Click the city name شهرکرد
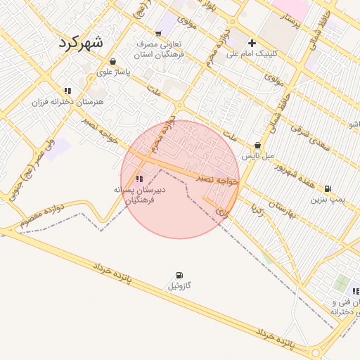pos(80,41)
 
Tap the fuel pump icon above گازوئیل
pos(179,275)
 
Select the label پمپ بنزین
pos(329,200)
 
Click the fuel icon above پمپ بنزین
pos(328,188)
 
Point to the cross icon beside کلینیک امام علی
pos(252,43)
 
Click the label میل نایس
pos(258,156)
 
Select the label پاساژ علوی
pos(112,71)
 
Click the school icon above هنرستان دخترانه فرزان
pos(67,91)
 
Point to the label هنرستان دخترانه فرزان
pos(67,102)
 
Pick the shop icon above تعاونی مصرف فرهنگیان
pos(159,33)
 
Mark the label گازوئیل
pos(179,286)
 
